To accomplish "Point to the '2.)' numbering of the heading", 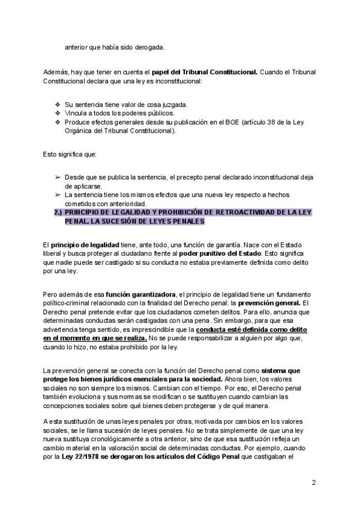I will tap(58, 212).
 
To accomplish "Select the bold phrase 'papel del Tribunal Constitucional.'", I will tap(204, 72).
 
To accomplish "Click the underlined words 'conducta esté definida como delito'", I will tap(250, 330).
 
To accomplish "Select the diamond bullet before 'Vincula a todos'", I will tap(57, 113).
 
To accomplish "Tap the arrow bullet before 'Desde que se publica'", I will tap(57, 178).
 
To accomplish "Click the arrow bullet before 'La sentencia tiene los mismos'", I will tap(57, 195).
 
